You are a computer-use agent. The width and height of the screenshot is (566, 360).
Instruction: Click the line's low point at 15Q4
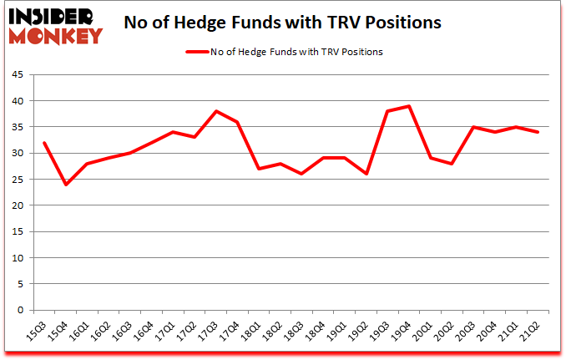tap(65, 185)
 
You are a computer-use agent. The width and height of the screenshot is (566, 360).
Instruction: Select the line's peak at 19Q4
tap(407, 106)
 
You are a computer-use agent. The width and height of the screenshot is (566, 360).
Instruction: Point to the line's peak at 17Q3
tap(215, 111)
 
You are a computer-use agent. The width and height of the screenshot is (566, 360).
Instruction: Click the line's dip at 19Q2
tap(365, 174)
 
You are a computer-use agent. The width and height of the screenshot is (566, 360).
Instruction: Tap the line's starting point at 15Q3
tap(43, 143)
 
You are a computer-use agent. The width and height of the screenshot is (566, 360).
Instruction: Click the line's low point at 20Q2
tap(451, 164)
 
